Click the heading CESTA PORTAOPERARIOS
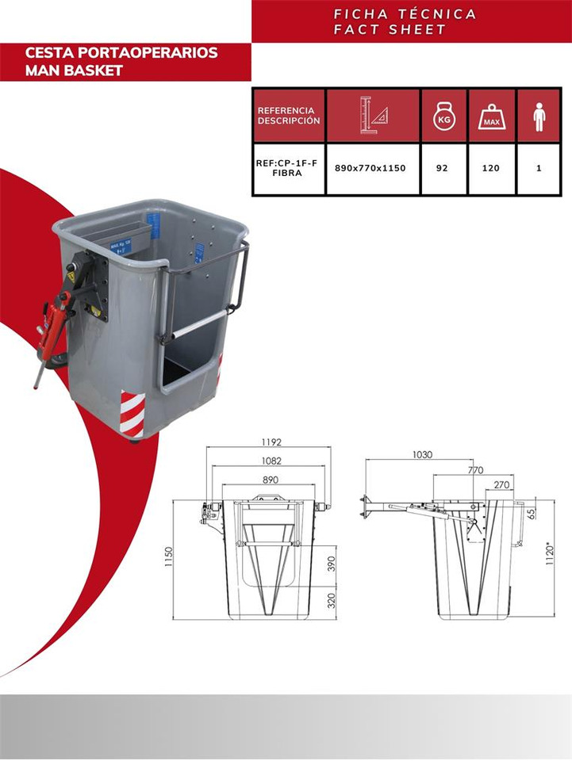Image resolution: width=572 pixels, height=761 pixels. click(x=121, y=53)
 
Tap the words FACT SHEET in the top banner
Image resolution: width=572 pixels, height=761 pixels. click(x=390, y=29)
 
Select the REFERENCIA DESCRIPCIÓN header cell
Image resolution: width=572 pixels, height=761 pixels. click(x=289, y=116)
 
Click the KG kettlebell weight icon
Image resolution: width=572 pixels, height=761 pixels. click(x=443, y=116)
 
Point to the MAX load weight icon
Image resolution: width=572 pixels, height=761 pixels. click(x=492, y=116)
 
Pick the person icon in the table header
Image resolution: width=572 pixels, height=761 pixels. click(x=539, y=116)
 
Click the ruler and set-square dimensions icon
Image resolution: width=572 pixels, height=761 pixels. click(x=373, y=116)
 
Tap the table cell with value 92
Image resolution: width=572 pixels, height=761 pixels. click(x=443, y=169)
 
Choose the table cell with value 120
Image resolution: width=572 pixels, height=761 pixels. click(x=492, y=169)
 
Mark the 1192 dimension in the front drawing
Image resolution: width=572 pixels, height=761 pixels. click(x=271, y=442)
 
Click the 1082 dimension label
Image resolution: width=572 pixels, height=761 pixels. click(x=271, y=461)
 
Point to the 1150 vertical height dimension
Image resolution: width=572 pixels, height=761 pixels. click(x=169, y=556)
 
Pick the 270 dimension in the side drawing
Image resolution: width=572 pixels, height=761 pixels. click(x=501, y=484)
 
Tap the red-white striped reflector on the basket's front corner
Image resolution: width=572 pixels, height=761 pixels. click(x=132, y=415)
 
